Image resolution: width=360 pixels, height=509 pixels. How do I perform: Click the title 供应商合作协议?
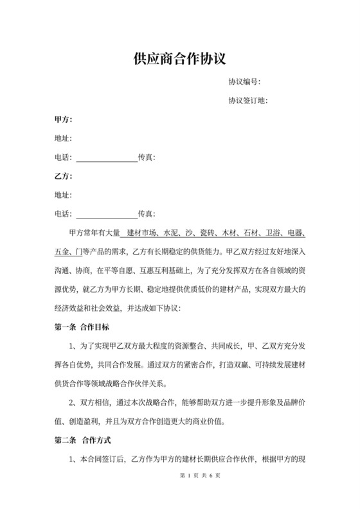pos(180,60)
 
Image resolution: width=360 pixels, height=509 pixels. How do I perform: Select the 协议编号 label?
pos(244,82)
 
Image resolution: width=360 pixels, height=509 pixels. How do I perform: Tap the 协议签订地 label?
pos(248,100)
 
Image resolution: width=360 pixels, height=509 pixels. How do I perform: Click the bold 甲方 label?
pos(63,120)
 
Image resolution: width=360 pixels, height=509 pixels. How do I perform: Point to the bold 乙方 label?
pos(63,175)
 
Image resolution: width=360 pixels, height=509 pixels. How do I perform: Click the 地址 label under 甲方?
pos(63,138)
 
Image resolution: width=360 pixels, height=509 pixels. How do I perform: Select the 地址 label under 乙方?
pos(63,194)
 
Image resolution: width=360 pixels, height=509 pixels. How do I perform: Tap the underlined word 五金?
pos(62,251)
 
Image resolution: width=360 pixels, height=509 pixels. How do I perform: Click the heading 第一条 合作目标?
pos(84,327)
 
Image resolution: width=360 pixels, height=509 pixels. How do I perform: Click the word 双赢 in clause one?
pos(234,366)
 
